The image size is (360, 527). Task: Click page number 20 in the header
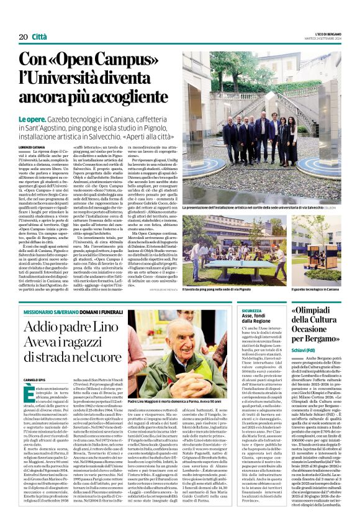point(22,37)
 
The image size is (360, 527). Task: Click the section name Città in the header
point(40,37)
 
